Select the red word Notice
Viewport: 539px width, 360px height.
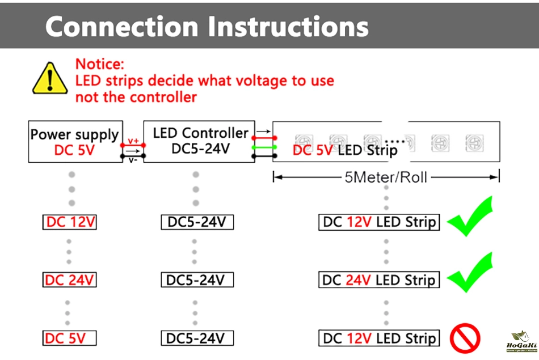99,64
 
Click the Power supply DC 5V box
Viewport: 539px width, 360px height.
75,142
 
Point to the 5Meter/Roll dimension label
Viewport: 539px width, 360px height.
386,177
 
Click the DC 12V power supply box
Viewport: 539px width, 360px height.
70,222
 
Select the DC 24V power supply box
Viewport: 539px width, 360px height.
70,279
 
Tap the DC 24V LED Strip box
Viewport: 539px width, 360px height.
379,279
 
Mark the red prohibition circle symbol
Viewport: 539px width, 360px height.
465,338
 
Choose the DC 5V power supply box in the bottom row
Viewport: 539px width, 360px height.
70,338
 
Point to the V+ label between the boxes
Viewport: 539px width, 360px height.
133,141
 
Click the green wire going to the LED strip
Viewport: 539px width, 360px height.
264,147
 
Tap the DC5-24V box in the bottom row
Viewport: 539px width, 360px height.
196,338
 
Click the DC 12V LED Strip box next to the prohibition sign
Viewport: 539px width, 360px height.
379,338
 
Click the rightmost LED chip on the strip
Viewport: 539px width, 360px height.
474,142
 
